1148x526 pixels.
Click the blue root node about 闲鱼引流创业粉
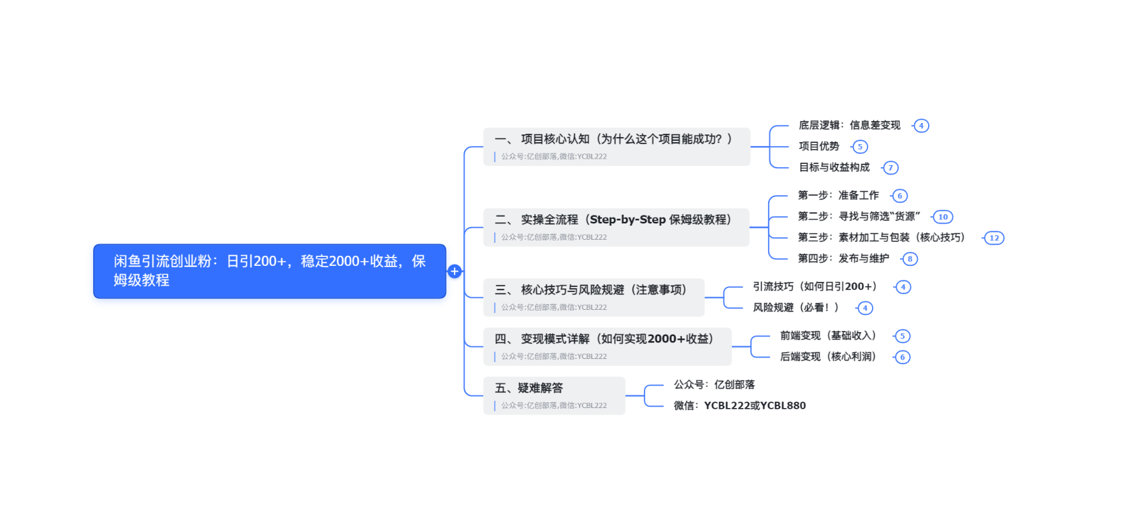coord(269,271)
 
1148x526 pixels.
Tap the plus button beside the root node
coord(454,271)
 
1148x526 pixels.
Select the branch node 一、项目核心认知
coord(616,146)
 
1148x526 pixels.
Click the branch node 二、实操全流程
coord(616,227)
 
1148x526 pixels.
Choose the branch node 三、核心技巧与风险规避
coord(593,297)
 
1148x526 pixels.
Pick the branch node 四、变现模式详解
coord(607,346)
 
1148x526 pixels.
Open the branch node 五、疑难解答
coord(553,395)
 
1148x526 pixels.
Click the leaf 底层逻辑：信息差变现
coord(849,126)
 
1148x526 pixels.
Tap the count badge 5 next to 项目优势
coord(860,147)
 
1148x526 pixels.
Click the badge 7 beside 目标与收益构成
coord(890,168)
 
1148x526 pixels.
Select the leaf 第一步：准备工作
coord(838,196)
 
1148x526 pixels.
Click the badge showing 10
coord(943,217)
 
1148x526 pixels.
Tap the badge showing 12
coord(994,238)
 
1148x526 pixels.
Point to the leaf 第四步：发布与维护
coord(843,259)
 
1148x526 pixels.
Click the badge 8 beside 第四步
coord(910,259)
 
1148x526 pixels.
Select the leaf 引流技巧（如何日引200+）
coord(815,287)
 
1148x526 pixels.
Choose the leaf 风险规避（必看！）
coord(796,308)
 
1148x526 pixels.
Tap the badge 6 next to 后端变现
coord(902,357)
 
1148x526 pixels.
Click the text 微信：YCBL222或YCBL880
coord(739,405)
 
